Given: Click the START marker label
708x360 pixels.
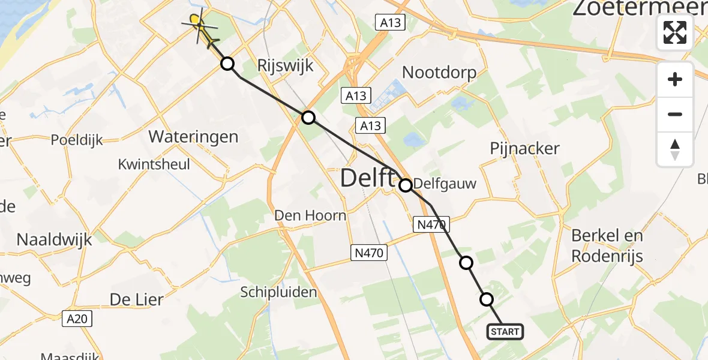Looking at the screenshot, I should [x=505, y=332].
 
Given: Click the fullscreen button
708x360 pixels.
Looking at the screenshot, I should [x=675, y=32].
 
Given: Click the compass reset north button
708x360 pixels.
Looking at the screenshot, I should [x=675, y=149].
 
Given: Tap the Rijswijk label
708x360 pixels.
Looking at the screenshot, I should [x=285, y=65].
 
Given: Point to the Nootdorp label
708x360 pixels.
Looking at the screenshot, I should [x=439, y=73].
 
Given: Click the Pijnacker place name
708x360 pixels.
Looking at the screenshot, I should [x=524, y=148].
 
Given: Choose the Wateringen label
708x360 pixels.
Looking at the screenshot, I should [x=193, y=137].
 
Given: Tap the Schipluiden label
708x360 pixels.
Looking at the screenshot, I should [x=278, y=292].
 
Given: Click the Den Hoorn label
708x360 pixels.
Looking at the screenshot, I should [x=310, y=215].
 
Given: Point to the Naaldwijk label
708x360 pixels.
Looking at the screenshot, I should [x=54, y=239].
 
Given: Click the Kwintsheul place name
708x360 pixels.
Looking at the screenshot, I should [x=154, y=164].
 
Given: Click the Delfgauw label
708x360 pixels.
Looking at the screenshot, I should [x=445, y=184].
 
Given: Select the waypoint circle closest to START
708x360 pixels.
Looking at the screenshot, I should [x=487, y=299].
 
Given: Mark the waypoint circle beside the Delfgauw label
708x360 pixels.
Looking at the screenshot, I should [x=406, y=185].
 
